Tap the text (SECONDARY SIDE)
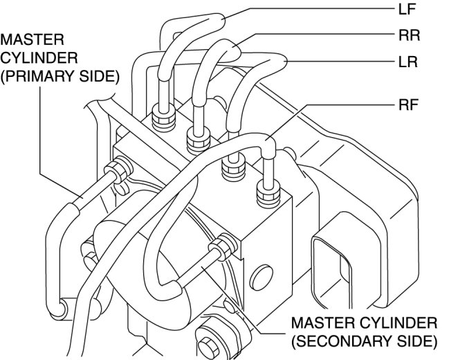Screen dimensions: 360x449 (x=364, y=341)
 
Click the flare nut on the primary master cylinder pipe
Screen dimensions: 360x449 (x=118, y=168)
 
